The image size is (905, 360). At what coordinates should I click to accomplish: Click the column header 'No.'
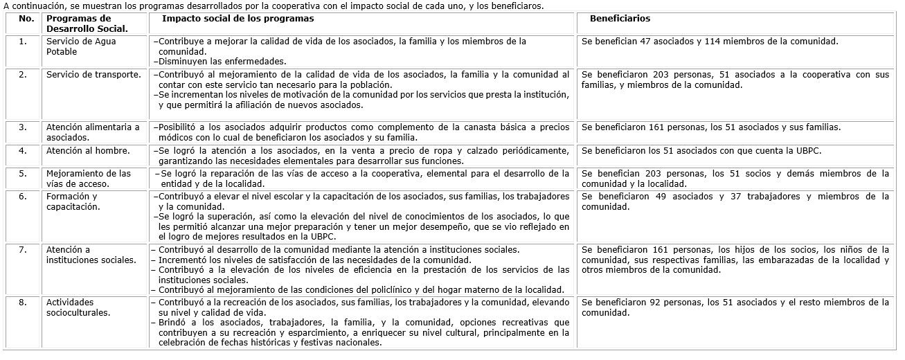tap(27, 19)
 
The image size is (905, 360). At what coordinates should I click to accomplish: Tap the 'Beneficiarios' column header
tap(620, 19)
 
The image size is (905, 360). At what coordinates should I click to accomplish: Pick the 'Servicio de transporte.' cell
tap(93, 74)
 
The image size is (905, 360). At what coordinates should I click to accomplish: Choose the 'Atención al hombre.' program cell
tap(88, 150)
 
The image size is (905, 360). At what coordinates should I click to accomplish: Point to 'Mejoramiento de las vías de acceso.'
tap(88, 179)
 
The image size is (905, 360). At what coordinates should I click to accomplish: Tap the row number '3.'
tap(23, 127)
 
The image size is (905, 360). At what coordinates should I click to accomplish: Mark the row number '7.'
tap(23, 250)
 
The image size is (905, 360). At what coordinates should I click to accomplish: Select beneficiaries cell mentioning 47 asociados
tap(710, 42)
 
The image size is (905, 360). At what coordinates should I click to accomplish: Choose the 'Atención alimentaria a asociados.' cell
tap(93, 132)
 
